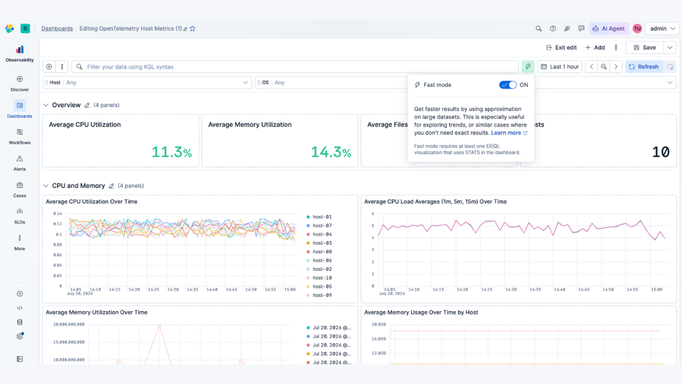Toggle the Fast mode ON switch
point(508,85)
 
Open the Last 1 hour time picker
point(559,67)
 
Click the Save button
point(645,47)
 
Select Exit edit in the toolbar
point(562,47)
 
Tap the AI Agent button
point(608,29)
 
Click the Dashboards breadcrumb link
point(57,29)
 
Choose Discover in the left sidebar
point(20,84)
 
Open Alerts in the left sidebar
point(20,163)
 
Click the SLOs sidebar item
point(20,216)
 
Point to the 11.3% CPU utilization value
point(172,152)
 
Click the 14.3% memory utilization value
point(331,152)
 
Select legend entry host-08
point(319,252)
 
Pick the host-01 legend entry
point(319,217)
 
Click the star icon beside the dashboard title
point(192,29)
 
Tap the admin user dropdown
point(662,29)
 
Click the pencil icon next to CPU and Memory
point(111,186)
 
